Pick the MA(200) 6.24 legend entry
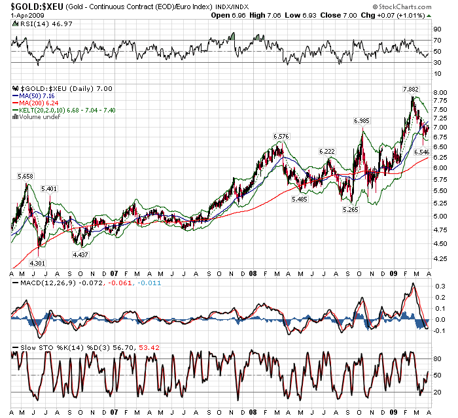[39, 103]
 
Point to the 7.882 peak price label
[410, 88]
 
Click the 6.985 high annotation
[362, 121]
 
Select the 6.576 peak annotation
[281, 136]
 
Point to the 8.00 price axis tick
[440, 93]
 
